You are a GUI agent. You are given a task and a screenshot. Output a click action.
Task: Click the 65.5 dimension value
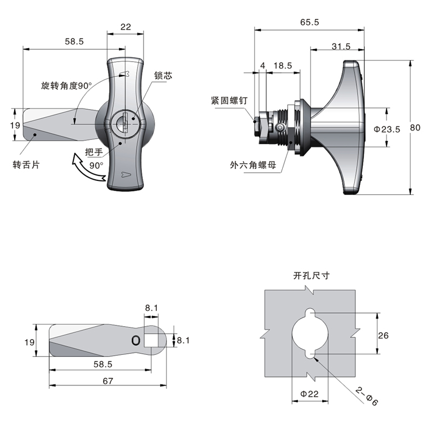click(x=309, y=23)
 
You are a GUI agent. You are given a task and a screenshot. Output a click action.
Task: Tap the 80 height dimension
click(x=415, y=128)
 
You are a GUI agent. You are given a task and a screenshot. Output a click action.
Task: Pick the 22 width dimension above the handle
click(x=126, y=26)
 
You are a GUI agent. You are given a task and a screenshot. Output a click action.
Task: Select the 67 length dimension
click(x=108, y=381)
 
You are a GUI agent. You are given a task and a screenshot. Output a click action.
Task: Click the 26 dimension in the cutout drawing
click(x=383, y=335)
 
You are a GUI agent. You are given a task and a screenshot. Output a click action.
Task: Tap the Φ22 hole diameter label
click(x=309, y=394)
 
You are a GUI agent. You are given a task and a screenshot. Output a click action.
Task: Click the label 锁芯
click(x=163, y=76)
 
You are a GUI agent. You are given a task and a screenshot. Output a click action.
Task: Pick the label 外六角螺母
click(x=252, y=165)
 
